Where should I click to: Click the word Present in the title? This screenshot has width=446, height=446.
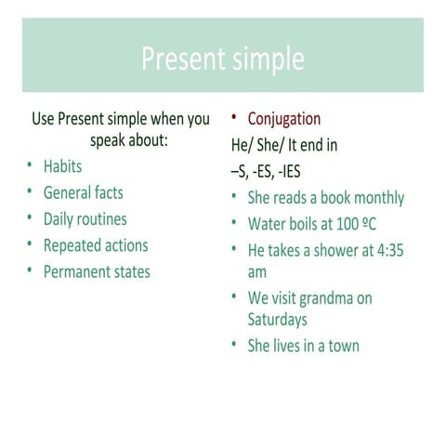click(180, 59)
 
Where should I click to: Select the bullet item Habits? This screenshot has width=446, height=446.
click(62, 167)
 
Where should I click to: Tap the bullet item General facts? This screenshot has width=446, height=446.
click(83, 193)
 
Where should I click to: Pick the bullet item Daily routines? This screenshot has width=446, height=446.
click(85, 219)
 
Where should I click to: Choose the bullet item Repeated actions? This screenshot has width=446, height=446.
click(95, 245)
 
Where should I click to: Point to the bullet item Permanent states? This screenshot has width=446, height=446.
click(96, 271)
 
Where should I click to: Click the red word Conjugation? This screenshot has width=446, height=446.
click(283, 119)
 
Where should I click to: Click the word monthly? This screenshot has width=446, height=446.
click(378, 198)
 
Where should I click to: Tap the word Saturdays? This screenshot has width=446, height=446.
click(277, 320)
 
